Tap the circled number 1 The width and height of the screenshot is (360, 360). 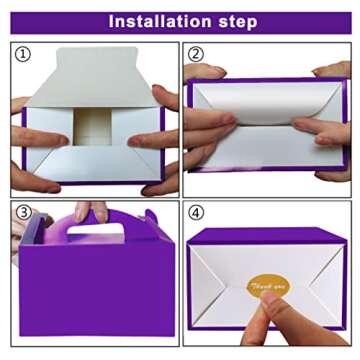tap(23, 55)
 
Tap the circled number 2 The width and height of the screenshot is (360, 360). tap(196, 55)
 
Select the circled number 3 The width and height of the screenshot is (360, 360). tap(23, 212)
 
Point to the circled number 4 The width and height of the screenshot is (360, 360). tap(196, 212)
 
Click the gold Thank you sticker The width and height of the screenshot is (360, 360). tap(266, 288)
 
